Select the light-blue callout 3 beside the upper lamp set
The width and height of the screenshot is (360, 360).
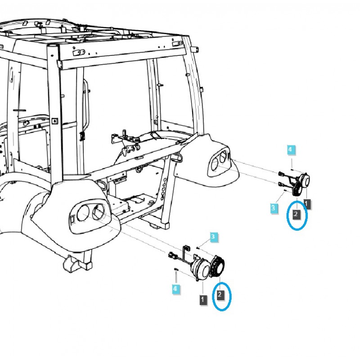click(273, 208)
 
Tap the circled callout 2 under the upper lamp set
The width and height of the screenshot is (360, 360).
click(296, 214)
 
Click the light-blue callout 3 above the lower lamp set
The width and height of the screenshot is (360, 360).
click(213, 237)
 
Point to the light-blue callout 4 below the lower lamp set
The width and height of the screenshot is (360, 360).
click(175, 288)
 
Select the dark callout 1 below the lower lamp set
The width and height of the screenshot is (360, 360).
click(202, 299)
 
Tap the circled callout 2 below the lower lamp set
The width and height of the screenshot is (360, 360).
click(220, 294)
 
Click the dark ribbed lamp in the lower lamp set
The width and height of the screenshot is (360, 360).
click(217, 266)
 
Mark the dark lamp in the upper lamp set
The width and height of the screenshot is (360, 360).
click(297, 189)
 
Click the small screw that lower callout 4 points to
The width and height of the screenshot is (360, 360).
click(176, 269)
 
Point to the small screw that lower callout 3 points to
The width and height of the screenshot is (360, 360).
click(198, 247)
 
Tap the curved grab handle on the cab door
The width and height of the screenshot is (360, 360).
click(86, 104)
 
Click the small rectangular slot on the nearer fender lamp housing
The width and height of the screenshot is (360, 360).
click(72, 220)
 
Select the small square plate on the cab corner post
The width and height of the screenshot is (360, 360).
click(54, 121)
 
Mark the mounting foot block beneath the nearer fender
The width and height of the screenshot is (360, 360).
click(78, 264)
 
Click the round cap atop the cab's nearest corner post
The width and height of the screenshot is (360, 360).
click(52, 46)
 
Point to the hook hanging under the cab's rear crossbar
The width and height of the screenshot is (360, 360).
click(139, 169)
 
